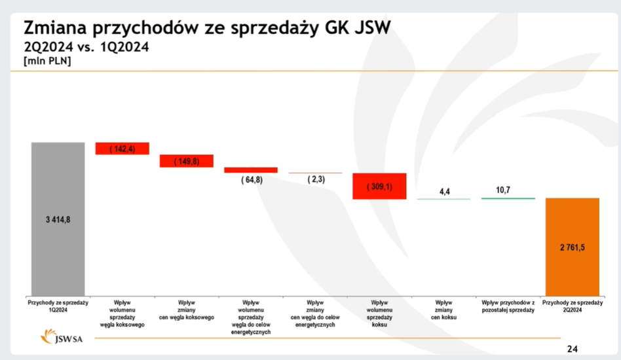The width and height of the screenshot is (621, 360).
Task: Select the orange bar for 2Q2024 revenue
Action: click(572, 275)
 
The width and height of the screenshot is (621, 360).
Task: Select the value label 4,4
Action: click(444, 192)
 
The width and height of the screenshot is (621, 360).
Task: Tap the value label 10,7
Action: click(503, 190)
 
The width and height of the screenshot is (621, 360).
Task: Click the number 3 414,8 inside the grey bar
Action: click(58, 219)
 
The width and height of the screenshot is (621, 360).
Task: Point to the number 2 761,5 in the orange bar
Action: click(572, 248)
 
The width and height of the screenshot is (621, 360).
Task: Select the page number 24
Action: click(572, 349)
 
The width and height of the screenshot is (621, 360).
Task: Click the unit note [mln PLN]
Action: click(47, 61)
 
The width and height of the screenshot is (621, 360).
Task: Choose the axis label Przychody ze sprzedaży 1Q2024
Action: click(58, 306)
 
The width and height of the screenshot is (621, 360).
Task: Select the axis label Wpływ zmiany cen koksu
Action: click(444, 310)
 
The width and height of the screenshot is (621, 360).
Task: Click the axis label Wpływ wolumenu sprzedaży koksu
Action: click(380, 313)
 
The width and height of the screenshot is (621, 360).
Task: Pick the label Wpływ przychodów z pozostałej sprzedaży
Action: click(508, 306)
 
